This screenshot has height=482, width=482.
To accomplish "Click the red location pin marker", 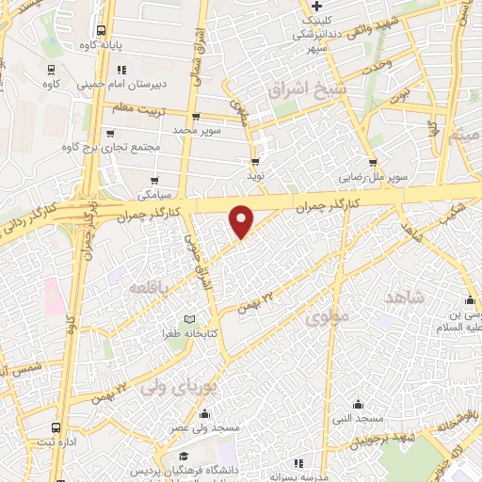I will point(242,220).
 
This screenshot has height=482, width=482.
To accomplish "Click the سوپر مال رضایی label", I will point(373,176).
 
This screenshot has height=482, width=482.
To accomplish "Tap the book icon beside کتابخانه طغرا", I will point(192,320).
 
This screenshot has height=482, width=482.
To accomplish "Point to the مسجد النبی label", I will point(360,417).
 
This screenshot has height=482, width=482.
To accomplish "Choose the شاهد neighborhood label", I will point(405,297).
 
